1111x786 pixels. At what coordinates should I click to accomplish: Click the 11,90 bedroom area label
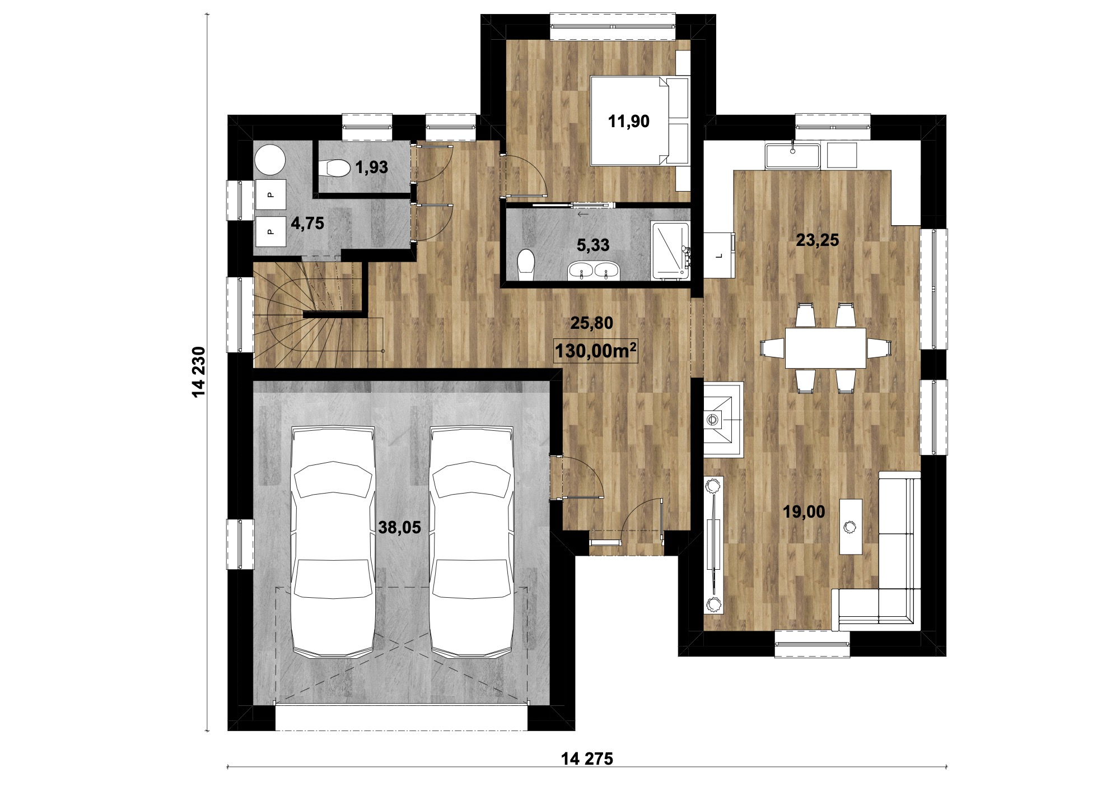tap(629, 121)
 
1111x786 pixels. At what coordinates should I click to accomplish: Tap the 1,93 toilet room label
tap(372, 167)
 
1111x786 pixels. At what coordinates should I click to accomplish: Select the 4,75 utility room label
tap(307, 224)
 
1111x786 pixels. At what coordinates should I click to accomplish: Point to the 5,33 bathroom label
tap(593, 245)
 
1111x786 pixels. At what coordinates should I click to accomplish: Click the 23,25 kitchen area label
tap(818, 240)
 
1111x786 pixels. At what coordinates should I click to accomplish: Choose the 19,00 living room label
tap(804, 511)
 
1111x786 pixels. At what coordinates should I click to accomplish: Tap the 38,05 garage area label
tap(399, 527)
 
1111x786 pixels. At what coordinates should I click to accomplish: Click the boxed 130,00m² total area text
tap(596, 351)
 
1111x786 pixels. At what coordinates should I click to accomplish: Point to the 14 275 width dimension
tap(587, 759)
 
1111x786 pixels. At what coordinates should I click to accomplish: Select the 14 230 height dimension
tap(199, 372)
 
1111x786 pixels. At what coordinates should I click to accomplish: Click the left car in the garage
tap(333, 542)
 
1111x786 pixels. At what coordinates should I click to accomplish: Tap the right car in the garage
tap(472, 542)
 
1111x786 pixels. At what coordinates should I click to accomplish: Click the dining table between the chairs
tap(825, 348)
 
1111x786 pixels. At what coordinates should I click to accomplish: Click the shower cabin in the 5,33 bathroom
tap(670, 250)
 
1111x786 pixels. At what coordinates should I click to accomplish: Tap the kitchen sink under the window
tap(793, 155)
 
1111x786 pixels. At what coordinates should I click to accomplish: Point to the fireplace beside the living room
tap(723, 420)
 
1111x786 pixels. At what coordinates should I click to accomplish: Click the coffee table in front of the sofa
tap(850, 526)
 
